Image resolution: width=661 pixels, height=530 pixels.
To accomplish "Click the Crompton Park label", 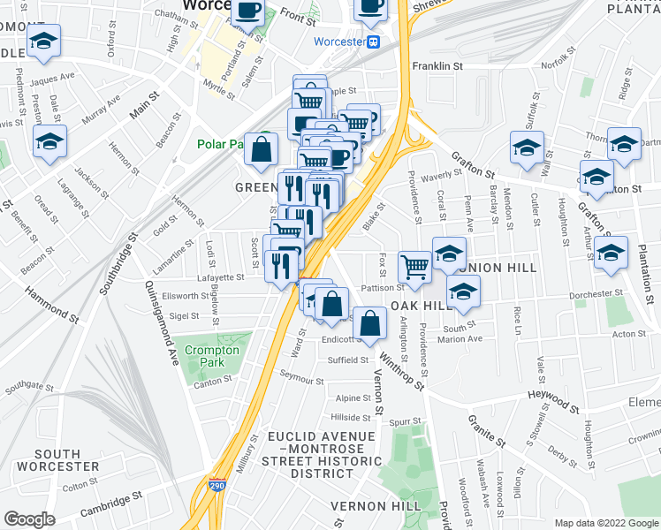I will click(211, 357).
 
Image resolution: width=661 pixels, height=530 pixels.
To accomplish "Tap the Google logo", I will click(29, 519).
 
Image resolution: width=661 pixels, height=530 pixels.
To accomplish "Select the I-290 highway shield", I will click(218, 485).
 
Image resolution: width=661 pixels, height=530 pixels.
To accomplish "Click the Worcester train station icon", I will click(374, 42).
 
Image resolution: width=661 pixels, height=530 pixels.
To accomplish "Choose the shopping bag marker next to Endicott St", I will click(369, 324).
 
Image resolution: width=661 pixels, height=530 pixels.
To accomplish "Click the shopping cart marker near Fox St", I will click(414, 266).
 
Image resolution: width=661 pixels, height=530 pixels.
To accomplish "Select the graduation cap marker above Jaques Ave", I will click(43, 42).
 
